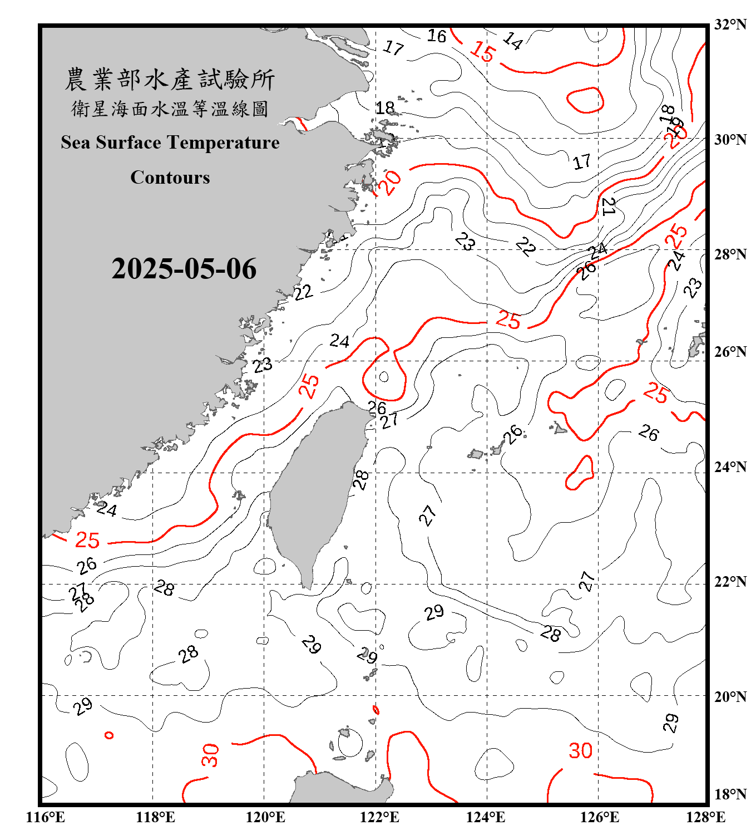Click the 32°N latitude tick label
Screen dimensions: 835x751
[730, 24]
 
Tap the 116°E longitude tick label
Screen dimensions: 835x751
[45, 817]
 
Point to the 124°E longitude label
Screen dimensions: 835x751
[486, 817]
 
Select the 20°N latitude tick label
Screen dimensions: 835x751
[730, 696]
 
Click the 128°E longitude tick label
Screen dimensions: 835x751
[705, 817]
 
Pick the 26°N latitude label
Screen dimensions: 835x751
[730, 352]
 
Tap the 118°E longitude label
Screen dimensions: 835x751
[155, 817]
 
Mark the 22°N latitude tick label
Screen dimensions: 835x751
[730, 582]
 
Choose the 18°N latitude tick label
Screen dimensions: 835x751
[730, 794]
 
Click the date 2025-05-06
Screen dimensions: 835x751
[184, 269]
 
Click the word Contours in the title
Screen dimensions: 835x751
[170, 178]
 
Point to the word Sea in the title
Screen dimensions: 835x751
[76, 143]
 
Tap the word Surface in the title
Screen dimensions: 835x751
[129, 143]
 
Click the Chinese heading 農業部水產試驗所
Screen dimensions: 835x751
[170, 80]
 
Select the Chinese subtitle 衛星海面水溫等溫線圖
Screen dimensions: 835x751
[170, 109]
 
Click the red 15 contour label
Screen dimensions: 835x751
[482, 52]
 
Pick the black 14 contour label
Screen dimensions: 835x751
[513, 41]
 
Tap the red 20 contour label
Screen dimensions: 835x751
[389, 182]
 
